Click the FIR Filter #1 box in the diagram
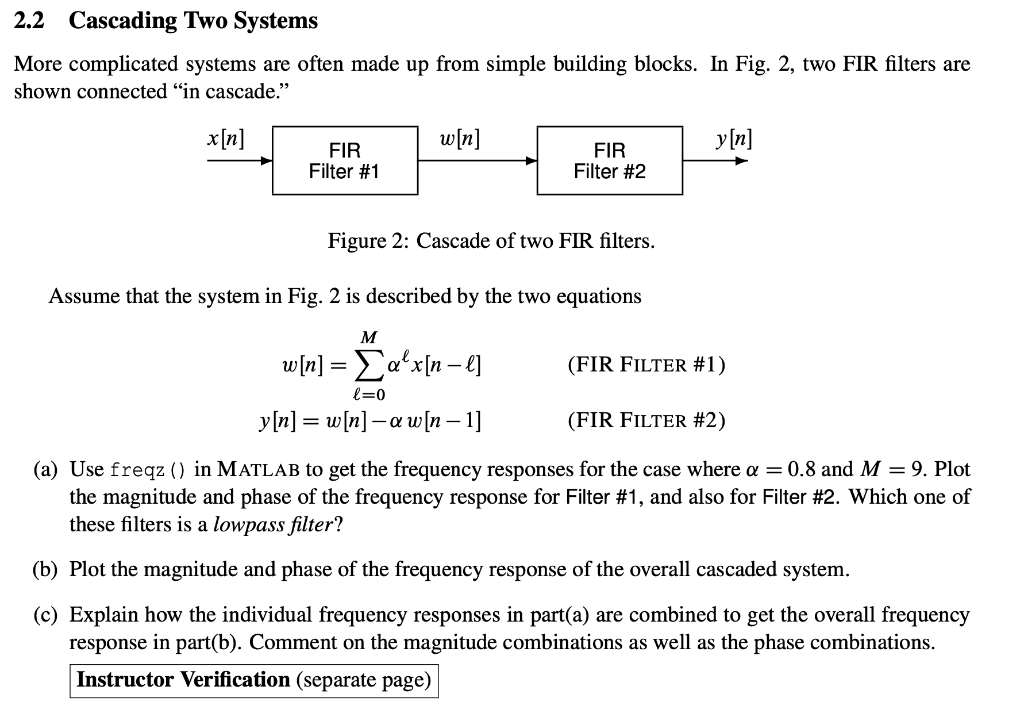[344, 160]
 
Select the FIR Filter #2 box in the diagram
[609, 160]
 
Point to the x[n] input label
[226, 137]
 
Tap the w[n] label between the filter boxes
[460, 137]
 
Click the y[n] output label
[734, 137]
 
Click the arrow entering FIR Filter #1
[240, 160]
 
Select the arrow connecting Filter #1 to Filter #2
[477, 160]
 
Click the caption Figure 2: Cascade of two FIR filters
[491, 241]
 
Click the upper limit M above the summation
[369, 336]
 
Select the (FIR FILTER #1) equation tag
[646, 364]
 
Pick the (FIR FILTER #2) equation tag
[646, 419]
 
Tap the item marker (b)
[44, 570]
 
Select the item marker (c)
[44, 615]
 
